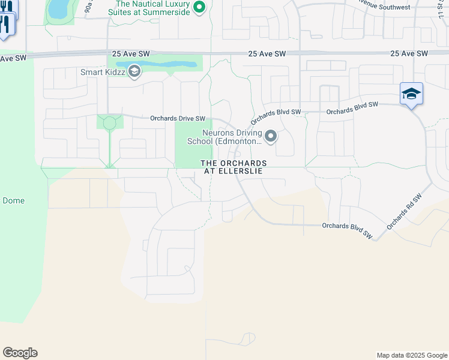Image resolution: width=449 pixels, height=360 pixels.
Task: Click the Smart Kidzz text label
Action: [x=103, y=73]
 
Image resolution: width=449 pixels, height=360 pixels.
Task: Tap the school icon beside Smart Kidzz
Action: [x=134, y=73]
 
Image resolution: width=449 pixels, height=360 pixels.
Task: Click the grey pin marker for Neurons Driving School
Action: [x=271, y=137]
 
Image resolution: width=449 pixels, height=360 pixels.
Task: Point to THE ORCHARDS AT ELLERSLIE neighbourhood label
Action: [x=234, y=167]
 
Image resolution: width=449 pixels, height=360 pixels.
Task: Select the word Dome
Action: [x=13, y=200]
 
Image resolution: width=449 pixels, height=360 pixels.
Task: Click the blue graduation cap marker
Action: [x=411, y=94]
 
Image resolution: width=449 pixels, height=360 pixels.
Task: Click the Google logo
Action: [x=20, y=353]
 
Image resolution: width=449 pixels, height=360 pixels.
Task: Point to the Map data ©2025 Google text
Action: [x=411, y=355]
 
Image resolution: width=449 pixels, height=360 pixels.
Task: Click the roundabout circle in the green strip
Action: [x=109, y=124]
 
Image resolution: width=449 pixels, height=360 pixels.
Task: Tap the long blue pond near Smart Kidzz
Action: [x=157, y=64]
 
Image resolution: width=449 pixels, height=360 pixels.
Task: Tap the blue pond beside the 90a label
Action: [x=58, y=8]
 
